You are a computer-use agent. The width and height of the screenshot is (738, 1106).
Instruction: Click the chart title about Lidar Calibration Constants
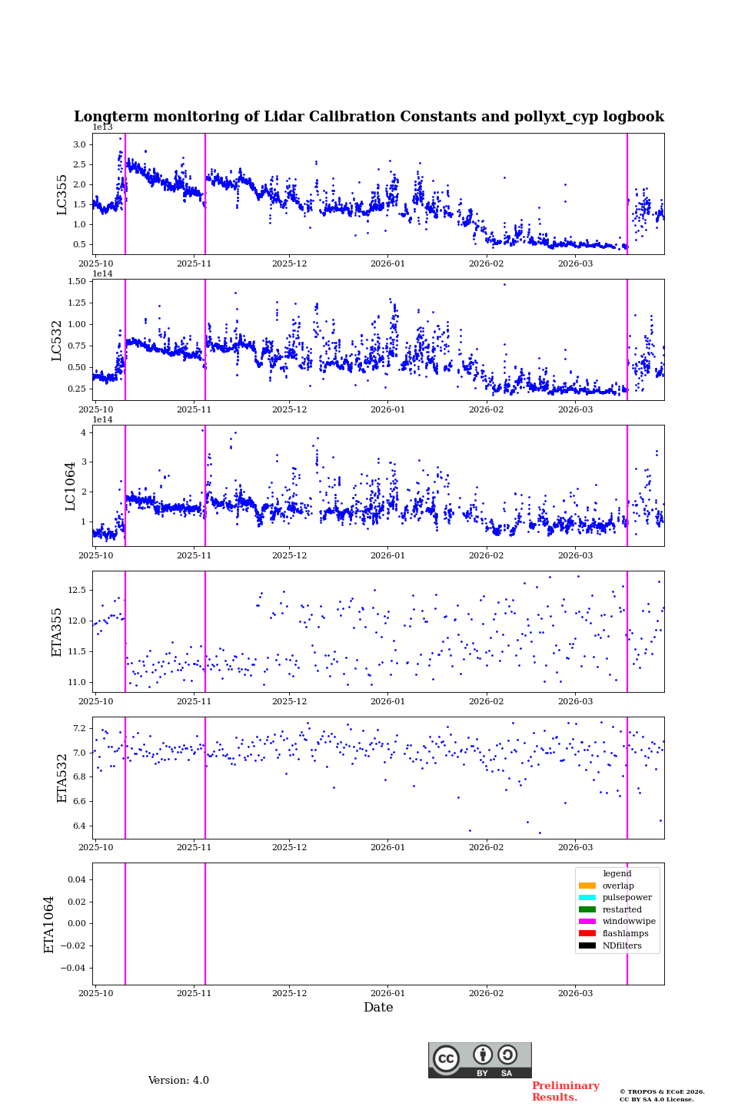369,117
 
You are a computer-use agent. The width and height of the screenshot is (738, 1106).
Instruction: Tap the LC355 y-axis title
62,194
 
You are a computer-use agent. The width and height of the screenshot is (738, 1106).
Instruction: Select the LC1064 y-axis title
71,485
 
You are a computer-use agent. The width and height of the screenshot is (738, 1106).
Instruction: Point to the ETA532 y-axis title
62,777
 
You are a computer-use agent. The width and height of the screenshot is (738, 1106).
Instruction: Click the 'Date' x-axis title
378,1008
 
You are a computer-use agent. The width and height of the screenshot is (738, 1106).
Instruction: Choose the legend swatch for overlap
587,886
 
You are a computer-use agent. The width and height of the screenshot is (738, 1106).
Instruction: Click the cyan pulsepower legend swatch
587,898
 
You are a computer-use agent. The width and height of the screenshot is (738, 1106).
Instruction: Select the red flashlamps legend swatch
587,934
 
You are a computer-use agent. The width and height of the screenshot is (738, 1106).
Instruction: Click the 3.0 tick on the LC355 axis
79,144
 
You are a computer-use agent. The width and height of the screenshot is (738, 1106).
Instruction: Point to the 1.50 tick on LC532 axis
77,281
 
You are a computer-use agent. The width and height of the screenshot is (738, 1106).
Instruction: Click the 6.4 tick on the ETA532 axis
79,826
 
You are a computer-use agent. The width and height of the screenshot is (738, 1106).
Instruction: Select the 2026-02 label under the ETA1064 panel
486,993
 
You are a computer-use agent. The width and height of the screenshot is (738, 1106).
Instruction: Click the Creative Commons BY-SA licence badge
480,1060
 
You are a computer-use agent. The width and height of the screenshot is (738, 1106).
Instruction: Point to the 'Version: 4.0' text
178,1081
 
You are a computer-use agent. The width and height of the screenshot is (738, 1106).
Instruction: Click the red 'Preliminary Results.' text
565,1091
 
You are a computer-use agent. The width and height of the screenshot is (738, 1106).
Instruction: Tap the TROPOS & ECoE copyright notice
662,1095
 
